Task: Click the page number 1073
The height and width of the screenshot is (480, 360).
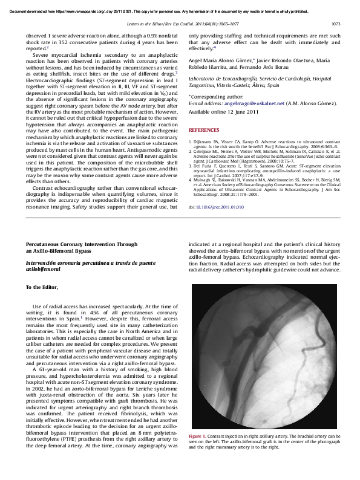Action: [336, 24]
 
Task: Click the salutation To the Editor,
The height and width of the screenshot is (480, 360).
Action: [42, 287]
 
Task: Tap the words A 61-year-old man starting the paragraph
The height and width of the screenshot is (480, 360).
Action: [54, 369]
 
